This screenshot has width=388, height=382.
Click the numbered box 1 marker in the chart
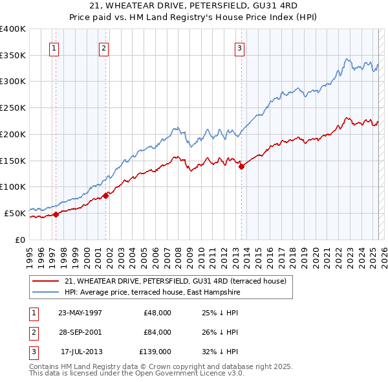54,47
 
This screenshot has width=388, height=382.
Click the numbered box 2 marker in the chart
103,47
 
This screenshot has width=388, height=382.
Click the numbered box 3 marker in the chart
239,47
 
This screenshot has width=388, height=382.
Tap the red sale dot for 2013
242,166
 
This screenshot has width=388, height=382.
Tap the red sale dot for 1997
56,214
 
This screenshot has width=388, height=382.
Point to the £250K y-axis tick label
13,108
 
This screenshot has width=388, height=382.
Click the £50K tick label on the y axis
15,213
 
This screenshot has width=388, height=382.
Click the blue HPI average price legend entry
152,293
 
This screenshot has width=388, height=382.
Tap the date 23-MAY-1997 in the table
80,313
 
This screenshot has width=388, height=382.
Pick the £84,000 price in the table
157,332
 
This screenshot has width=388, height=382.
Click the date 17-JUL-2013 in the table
81,352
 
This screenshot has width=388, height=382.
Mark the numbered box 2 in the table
33,332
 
